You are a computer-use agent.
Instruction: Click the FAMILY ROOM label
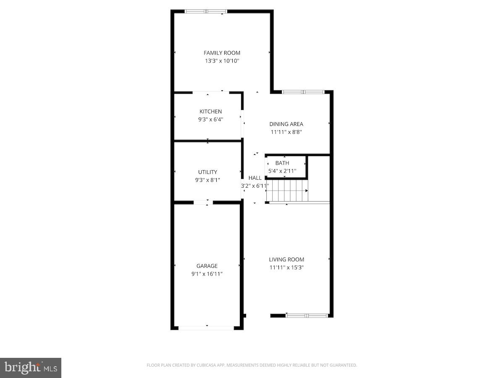(222, 53)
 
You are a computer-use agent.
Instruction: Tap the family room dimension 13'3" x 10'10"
(222, 61)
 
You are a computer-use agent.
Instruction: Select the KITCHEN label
(210, 111)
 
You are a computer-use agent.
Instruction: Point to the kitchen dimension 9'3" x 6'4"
(210, 119)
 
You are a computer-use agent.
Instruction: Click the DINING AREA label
(286, 124)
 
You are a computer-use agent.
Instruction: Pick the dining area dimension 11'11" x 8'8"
(286, 132)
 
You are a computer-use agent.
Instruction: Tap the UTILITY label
(207, 172)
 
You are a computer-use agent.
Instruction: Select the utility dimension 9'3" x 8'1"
(207, 180)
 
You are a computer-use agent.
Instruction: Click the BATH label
(282, 163)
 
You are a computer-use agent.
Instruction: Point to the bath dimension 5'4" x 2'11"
(282, 171)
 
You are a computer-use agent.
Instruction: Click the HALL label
(255, 178)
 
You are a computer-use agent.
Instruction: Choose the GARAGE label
(207, 266)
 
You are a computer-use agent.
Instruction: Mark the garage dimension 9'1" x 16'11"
(207, 274)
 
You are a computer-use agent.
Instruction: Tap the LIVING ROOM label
(287, 260)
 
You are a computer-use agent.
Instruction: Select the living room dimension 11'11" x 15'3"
(287, 268)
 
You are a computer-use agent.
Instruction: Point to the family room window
(206, 11)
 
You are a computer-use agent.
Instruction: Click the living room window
(307, 315)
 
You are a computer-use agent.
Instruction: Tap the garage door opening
(206, 328)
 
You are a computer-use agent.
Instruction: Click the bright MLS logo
(31, 368)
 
